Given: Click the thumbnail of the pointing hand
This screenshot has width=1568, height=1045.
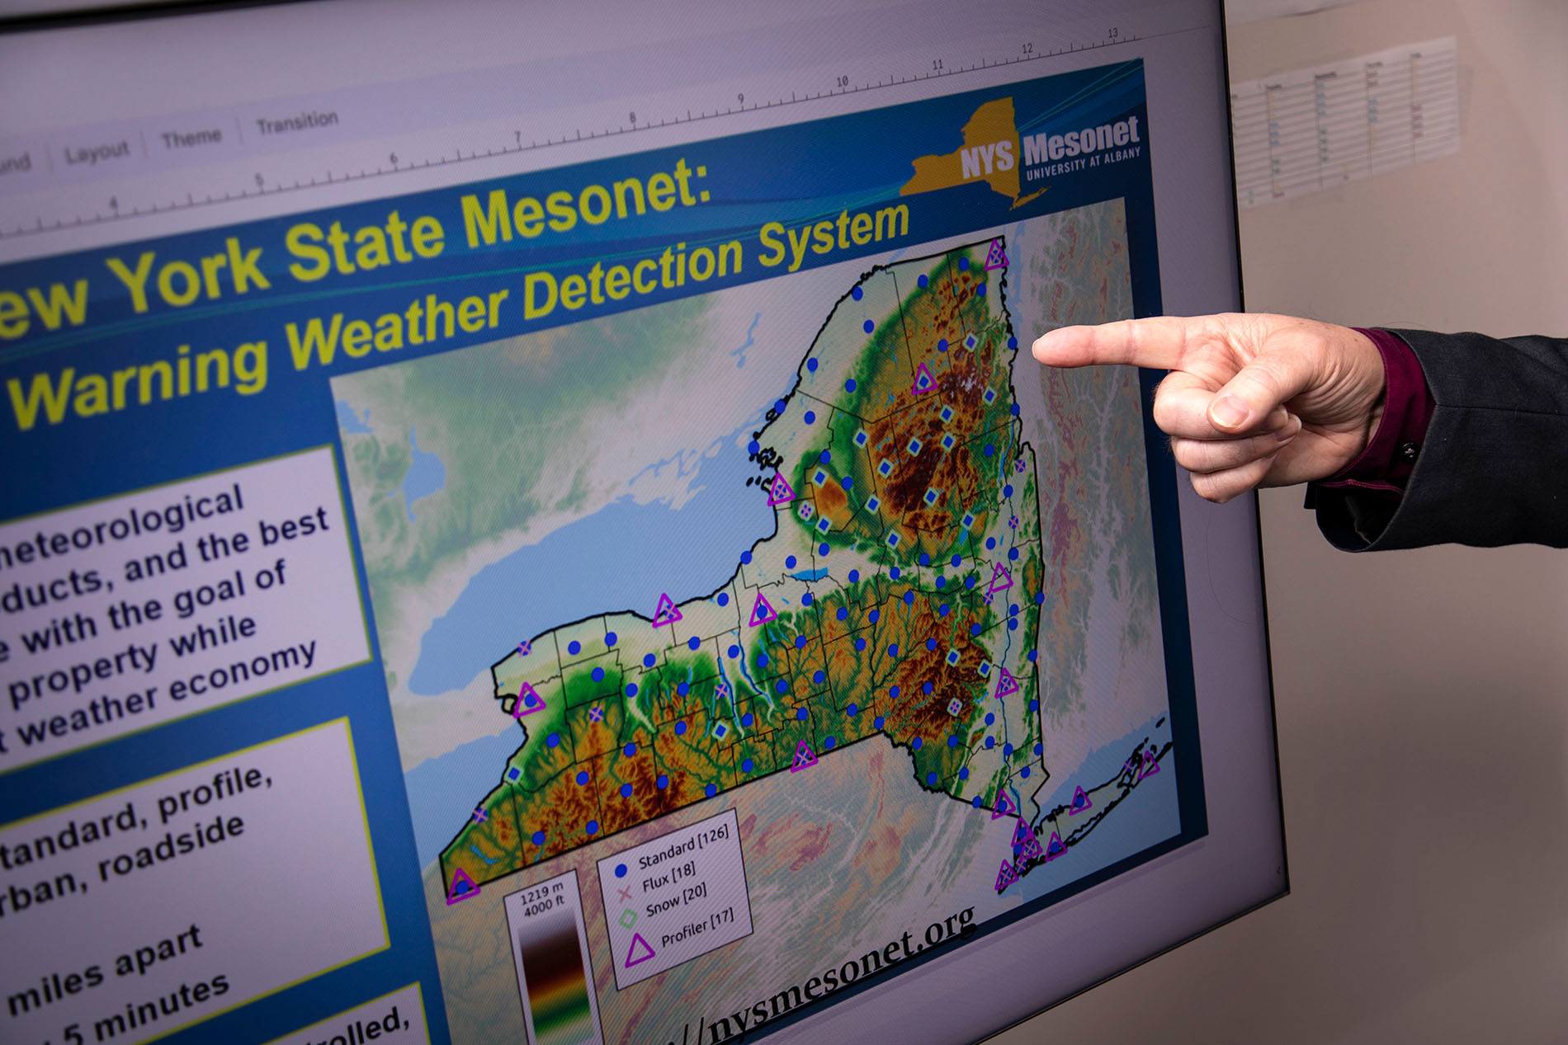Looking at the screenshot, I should pos(1231,410).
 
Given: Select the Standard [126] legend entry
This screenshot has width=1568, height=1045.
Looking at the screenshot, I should pos(683,848).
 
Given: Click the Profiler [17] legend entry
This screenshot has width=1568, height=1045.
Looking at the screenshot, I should pos(697,926).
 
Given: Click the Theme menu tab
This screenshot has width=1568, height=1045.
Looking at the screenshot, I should pos(191,137).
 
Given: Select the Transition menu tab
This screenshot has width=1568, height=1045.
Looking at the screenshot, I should pos(297,122).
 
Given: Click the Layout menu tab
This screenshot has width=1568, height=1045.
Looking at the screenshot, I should pos(97,152).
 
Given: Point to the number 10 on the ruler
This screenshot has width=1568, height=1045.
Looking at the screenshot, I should pos(842,82).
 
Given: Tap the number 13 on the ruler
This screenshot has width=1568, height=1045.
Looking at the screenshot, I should pos(1112,33).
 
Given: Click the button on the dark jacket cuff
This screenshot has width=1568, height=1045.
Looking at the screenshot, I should pos(1409,450).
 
